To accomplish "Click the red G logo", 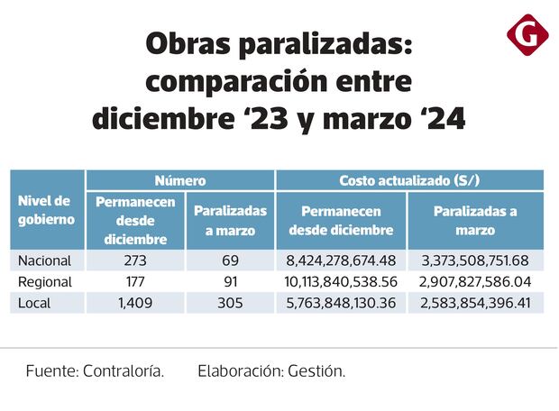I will pos(527,35).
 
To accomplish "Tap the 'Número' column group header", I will pos(179,180).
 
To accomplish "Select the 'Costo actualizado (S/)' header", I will pos(408,180).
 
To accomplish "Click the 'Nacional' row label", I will pos(46,260).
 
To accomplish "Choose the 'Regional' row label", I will pos(46,282).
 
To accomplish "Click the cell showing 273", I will pos(135,260).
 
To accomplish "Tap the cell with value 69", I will pos(230,260).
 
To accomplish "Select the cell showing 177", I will pos(135,282).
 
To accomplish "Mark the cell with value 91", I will pos(230,282).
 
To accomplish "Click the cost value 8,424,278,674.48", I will pos(341,260).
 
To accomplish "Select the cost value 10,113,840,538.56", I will pos(341,282).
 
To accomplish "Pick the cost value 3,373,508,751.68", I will pos(475,260).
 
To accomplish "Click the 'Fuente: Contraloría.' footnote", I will pos(95,370).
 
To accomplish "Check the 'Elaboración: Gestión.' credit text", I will pos(271,370).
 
